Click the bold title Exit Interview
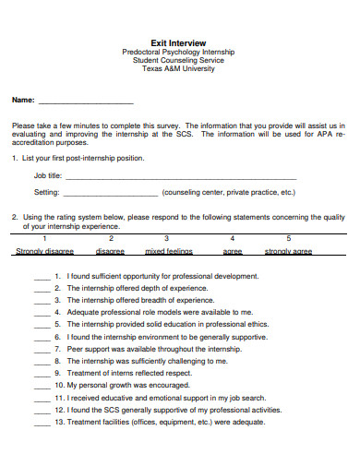point(178,42)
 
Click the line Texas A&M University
point(178,69)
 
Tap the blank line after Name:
point(86,100)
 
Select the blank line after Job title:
point(203,175)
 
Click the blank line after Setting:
point(110,194)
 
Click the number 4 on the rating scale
point(232,238)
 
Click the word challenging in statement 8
point(186,361)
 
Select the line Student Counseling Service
point(178,61)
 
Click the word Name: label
point(23,99)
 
